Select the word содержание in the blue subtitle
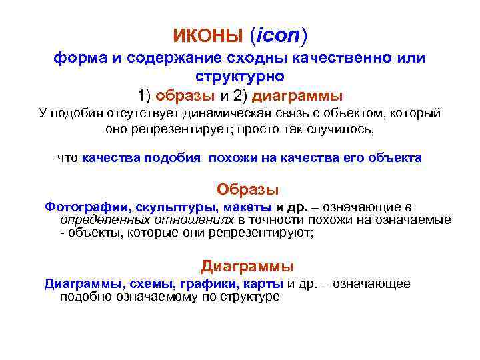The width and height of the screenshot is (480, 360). pyautogui.click(x=164, y=58)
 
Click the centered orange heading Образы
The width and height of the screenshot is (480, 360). pyautogui.click(x=248, y=189)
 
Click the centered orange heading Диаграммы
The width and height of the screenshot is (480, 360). pyautogui.click(x=247, y=267)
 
